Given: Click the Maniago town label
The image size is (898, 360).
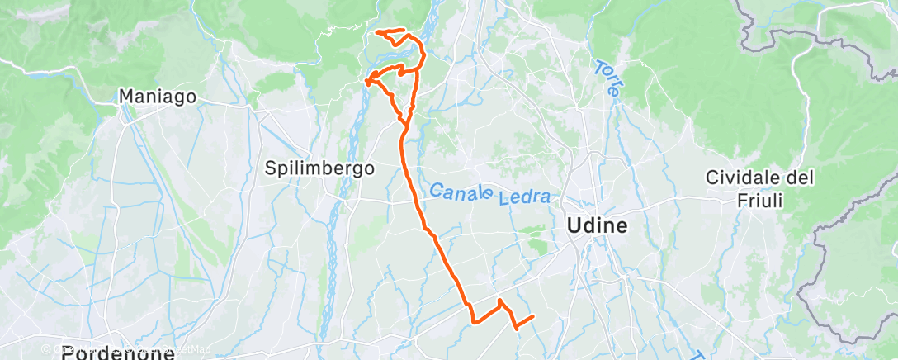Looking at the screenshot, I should click(x=158, y=97).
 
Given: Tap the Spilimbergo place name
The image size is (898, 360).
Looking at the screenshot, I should click(x=319, y=168).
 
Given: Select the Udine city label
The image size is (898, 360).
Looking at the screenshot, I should click(x=596, y=225).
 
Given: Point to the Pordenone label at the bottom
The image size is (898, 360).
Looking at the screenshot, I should click(x=118, y=353).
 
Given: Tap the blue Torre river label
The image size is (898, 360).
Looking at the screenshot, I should click(x=605, y=78).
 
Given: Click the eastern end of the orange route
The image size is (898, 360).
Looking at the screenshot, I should click(x=534, y=315).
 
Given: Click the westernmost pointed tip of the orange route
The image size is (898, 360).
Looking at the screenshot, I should click(x=366, y=80).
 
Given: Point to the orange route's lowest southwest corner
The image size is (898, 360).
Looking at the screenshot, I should click(x=474, y=321).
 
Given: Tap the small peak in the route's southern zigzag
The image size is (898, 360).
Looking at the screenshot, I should click(x=500, y=301).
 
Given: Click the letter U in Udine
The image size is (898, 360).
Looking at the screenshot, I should click(x=573, y=225).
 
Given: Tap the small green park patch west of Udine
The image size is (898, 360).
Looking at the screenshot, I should click(x=538, y=244).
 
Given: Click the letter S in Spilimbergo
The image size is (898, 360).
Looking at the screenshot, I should click(x=270, y=168).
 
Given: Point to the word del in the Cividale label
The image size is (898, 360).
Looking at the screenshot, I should click(x=801, y=178).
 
